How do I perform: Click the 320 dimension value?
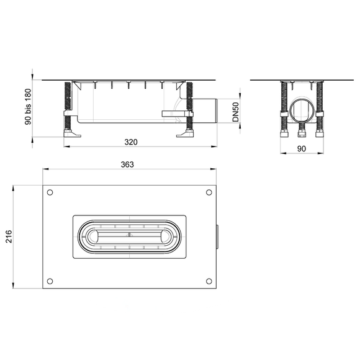click(x=131, y=142)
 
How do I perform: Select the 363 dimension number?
click(x=127, y=164)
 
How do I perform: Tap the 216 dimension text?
click(x=9, y=236)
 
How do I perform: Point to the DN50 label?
click(x=236, y=112)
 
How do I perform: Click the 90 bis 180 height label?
click(x=28, y=107)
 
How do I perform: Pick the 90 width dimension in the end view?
click(x=302, y=149)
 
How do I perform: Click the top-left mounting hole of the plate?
click(x=50, y=192)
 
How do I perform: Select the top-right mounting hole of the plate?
click(x=209, y=192)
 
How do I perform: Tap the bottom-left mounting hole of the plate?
click(x=50, y=281)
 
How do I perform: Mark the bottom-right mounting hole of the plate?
click(x=209, y=281)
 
